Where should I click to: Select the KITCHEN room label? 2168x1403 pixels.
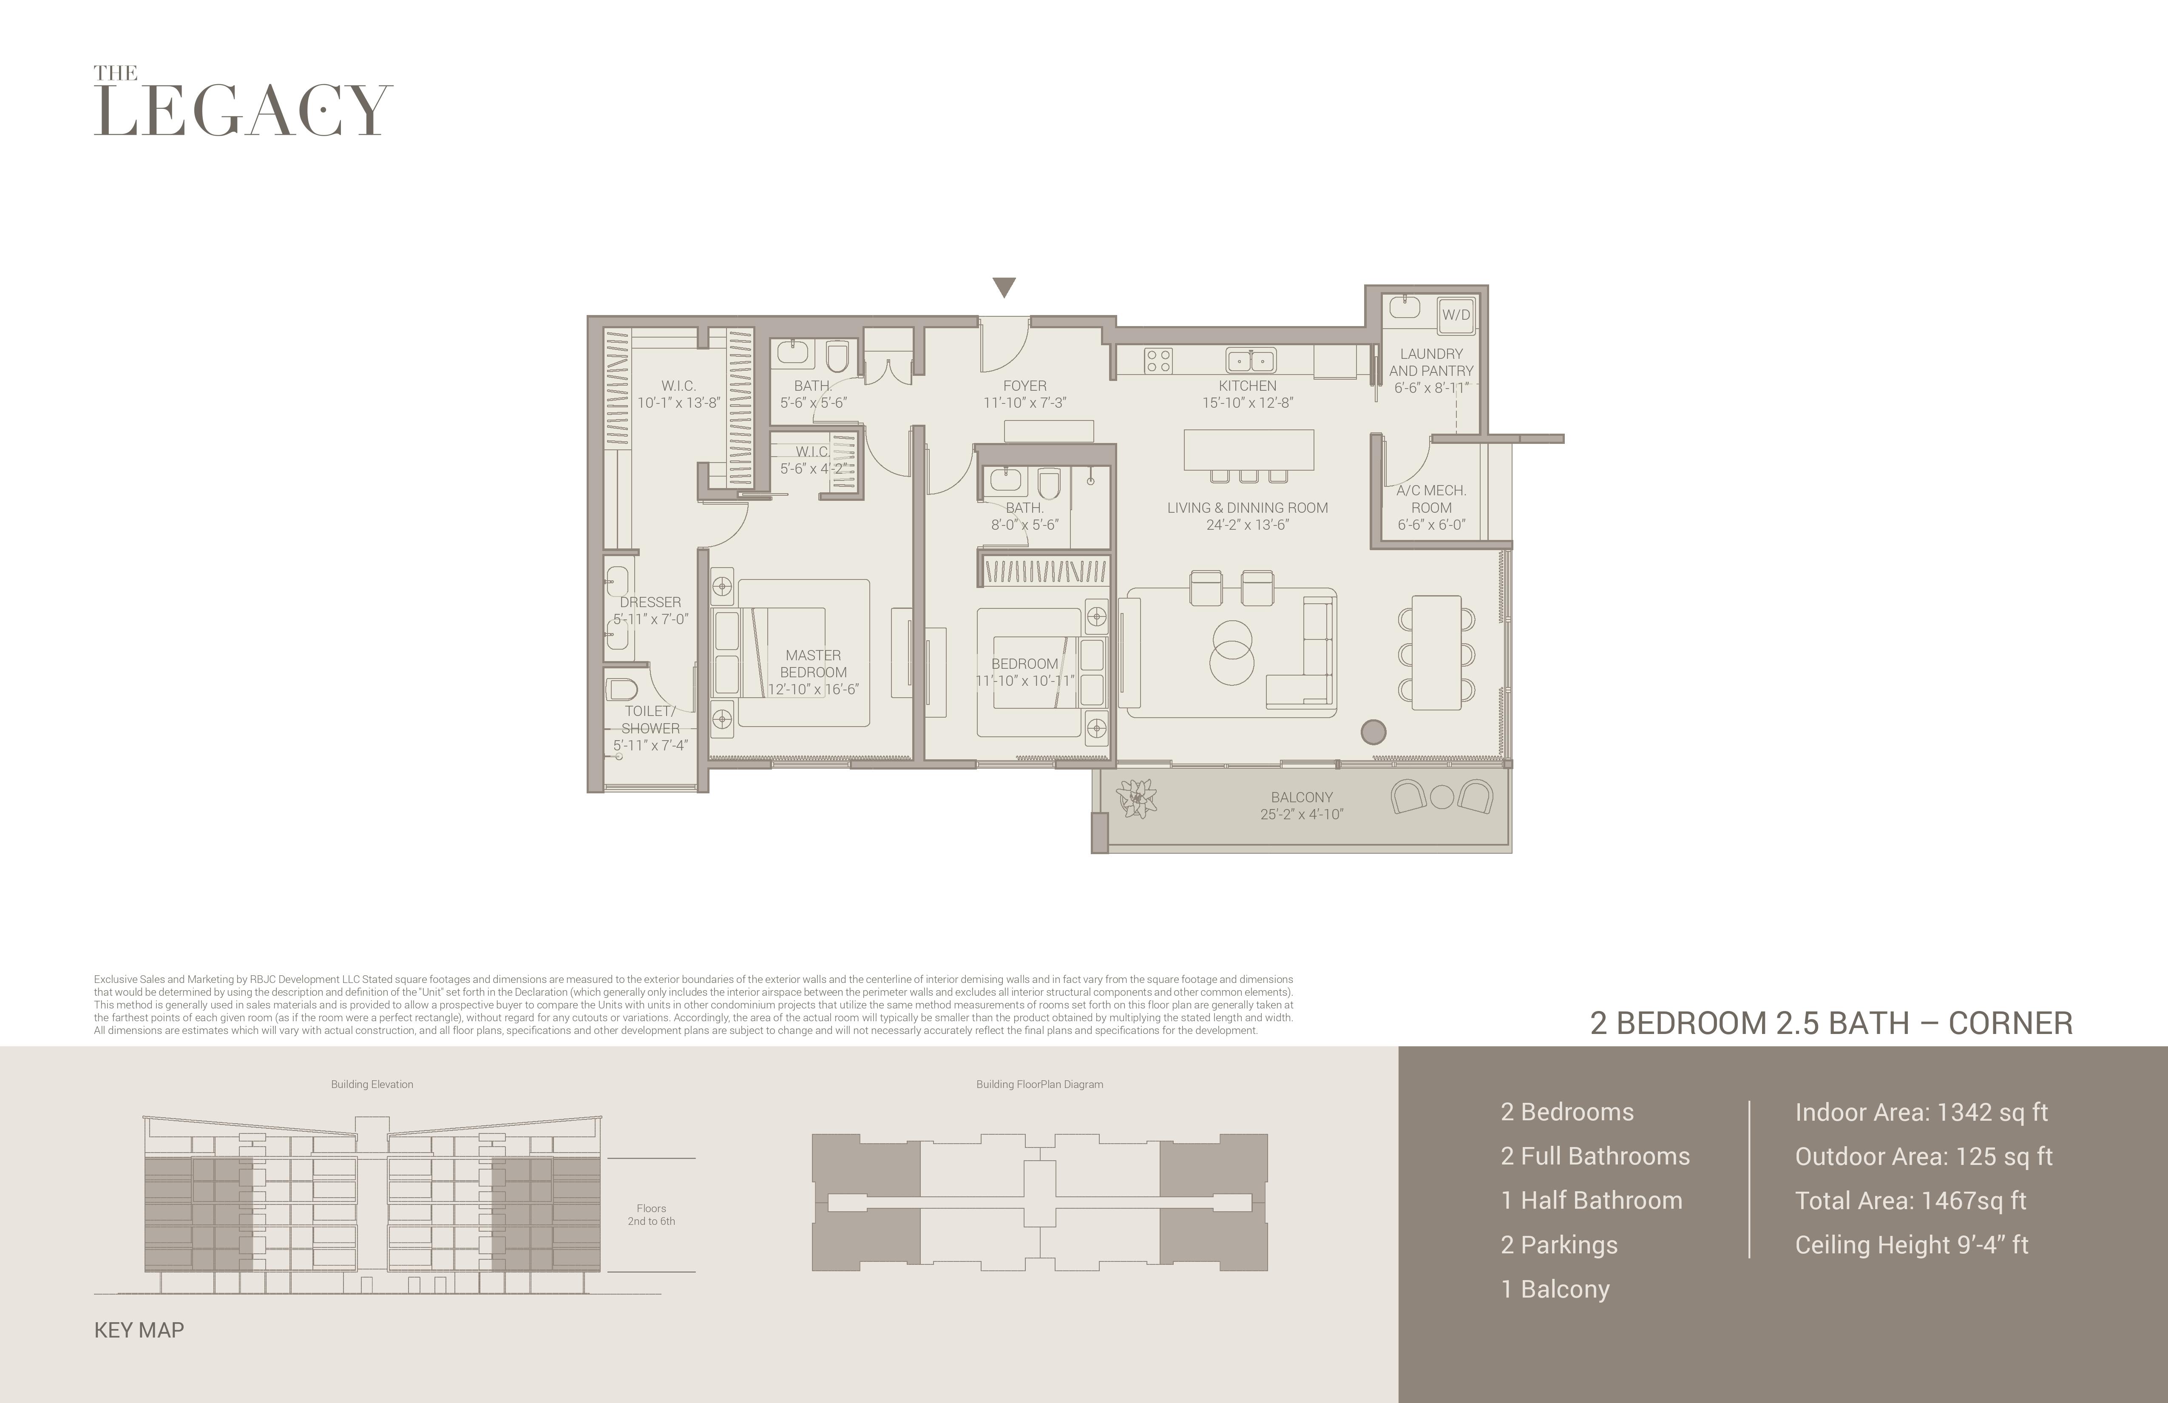point(1247,385)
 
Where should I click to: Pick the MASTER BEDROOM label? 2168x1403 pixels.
point(814,663)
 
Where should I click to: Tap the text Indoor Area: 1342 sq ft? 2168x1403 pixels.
point(1921,1112)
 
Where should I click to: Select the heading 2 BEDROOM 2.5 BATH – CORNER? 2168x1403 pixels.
point(1831,1023)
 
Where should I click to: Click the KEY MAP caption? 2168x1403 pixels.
point(139,1330)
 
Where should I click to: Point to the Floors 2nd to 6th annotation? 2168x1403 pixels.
point(651,1214)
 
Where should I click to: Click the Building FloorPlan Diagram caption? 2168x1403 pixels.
point(1039,1084)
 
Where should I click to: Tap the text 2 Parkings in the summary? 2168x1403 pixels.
point(1560,1245)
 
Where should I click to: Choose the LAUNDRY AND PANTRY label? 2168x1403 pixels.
point(1431,362)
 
